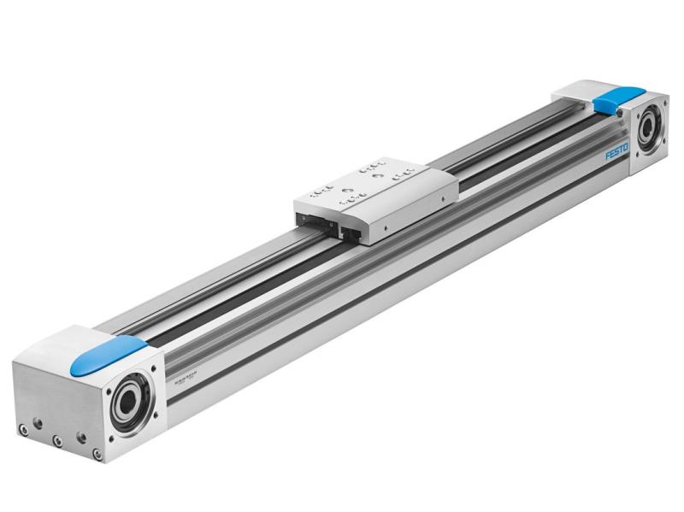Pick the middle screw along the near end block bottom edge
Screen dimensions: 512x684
[x=57, y=440]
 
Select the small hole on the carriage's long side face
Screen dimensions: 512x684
[x=386, y=227]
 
